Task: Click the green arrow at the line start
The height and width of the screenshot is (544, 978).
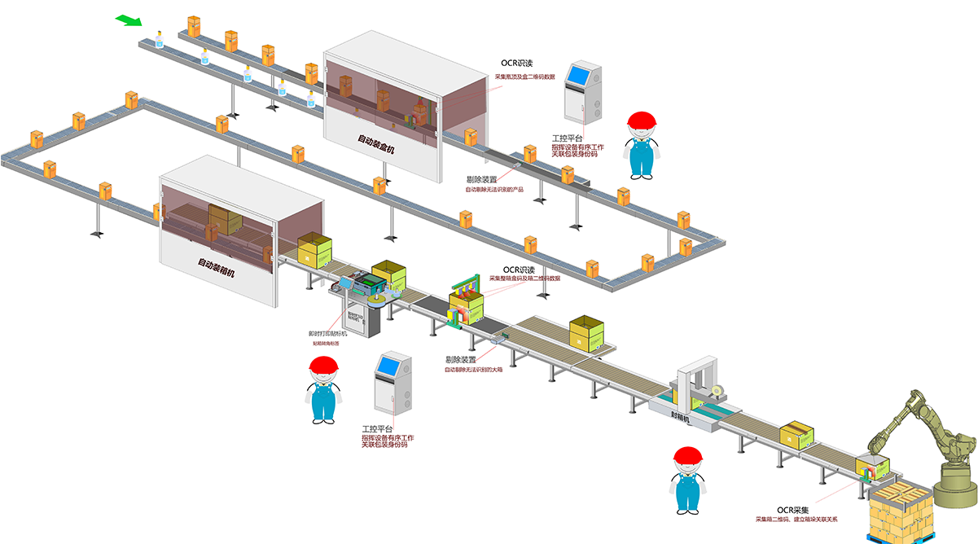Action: [129, 19]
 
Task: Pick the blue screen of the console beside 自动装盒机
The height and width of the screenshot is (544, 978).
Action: [581, 75]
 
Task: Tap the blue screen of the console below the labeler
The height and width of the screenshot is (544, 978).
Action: [388, 367]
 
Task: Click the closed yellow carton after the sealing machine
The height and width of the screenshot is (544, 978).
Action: [797, 436]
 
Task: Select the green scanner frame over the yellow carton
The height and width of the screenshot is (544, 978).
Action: [467, 292]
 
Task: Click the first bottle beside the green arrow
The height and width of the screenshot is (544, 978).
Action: [160, 38]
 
